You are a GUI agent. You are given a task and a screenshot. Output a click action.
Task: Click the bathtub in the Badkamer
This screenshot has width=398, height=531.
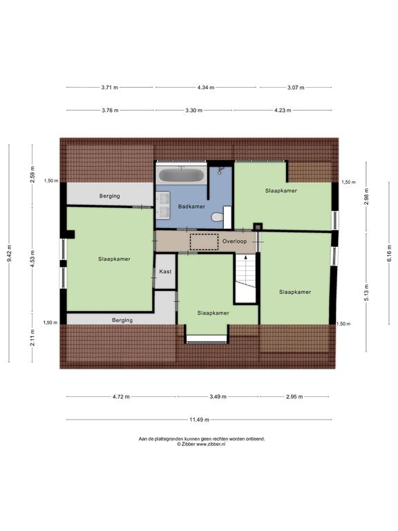click(182, 175)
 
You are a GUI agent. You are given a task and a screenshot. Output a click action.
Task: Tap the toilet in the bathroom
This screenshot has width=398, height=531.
click(217, 216)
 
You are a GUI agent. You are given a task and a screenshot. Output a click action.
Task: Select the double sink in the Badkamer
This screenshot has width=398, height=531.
click(163, 205)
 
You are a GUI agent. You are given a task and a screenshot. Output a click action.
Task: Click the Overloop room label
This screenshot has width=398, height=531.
click(234, 241)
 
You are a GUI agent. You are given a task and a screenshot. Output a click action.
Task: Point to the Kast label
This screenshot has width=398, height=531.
click(165, 272)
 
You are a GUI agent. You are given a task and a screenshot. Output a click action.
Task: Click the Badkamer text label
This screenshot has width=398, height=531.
click(191, 207)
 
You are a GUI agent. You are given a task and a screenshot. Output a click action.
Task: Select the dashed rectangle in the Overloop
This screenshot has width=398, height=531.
click(204, 242)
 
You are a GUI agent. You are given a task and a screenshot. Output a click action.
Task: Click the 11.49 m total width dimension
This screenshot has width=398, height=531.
click(199, 420)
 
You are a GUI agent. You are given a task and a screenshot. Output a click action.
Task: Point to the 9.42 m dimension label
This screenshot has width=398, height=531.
click(9, 253)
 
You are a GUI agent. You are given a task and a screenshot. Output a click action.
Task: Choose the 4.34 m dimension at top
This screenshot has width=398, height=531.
click(206, 87)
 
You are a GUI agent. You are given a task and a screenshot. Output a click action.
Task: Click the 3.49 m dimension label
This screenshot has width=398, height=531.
click(218, 397)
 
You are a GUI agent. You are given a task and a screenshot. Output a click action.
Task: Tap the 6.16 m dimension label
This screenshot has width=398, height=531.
click(389, 253)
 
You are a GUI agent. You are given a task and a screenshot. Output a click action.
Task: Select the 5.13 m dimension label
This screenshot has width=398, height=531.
click(366, 296)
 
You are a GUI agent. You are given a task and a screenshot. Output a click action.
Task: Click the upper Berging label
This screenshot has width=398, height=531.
click(109, 196)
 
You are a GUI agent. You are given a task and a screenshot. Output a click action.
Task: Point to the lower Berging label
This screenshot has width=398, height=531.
click(122, 320)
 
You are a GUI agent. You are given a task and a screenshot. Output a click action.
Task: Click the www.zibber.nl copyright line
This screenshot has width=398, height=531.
click(201, 444)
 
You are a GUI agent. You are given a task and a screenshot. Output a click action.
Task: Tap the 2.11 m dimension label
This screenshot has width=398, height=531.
click(32, 337)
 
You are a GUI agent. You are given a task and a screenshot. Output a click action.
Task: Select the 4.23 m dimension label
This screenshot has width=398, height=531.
click(283, 110)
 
